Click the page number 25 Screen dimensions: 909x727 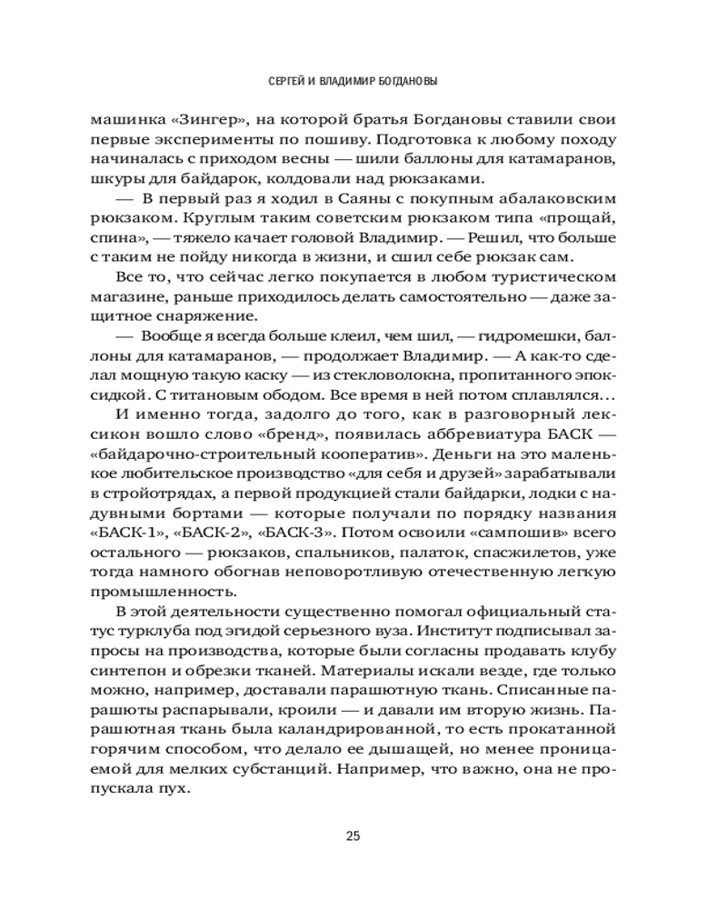pos(354,836)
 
